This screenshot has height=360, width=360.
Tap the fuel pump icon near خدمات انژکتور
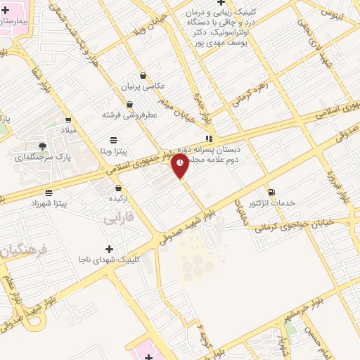(271, 192)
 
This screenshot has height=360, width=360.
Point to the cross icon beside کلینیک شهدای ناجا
(109, 249)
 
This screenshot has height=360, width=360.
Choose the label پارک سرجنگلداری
(39, 157)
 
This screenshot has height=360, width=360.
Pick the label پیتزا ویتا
(113, 150)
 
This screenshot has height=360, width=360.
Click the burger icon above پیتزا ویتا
(114, 140)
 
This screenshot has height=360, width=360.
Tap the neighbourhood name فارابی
(117, 219)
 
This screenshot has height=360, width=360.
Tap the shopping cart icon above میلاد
(68, 120)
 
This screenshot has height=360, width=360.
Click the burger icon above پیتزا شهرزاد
(49, 193)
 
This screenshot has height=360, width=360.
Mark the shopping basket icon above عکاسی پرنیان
(143, 75)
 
